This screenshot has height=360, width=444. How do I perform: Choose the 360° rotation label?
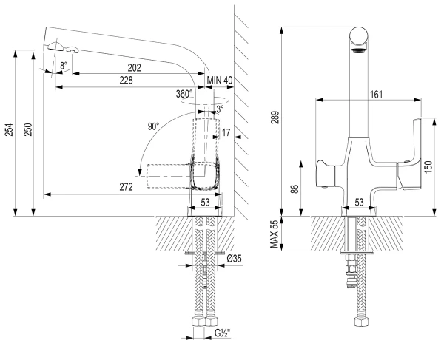184,94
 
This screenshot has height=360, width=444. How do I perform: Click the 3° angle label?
220,109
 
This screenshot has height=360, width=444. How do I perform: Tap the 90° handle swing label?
153,126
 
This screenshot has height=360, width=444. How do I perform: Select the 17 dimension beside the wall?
226,133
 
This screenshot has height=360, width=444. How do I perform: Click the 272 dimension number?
125,187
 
